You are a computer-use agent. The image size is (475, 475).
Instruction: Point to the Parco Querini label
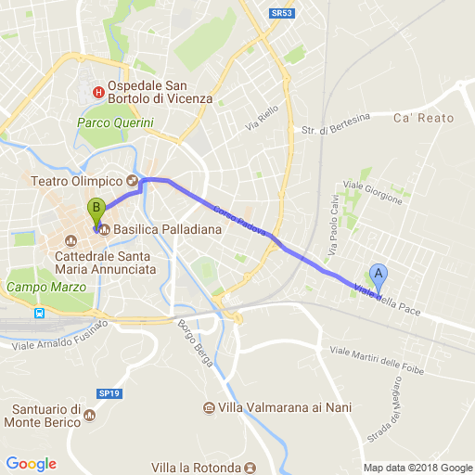tap(113, 122)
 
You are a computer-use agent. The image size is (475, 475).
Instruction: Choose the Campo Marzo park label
tap(41, 288)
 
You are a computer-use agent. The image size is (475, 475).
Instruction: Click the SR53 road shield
tap(283, 13)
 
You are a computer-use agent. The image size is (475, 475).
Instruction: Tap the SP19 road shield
tap(109, 367)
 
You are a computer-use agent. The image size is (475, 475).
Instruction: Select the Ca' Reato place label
tap(424, 118)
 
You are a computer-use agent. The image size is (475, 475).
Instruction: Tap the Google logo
tap(31, 464)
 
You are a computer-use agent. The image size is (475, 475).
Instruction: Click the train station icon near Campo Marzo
tap(41, 313)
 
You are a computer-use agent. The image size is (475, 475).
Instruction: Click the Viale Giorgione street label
tap(374, 191)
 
